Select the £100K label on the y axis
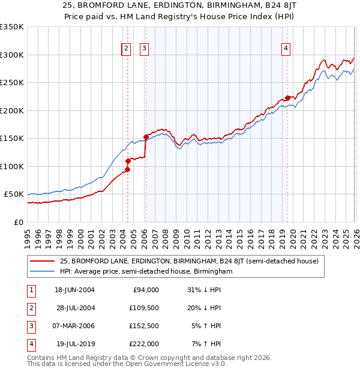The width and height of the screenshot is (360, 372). click(x=12, y=166)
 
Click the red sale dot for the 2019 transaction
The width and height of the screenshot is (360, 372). click(x=287, y=98)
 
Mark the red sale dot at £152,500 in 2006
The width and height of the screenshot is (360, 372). click(x=146, y=137)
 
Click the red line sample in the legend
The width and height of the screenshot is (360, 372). click(x=43, y=261)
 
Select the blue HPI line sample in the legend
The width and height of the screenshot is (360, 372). click(x=43, y=271)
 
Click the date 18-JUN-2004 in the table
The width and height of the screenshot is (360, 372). click(x=75, y=290)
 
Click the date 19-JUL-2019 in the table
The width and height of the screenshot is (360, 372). click(x=74, y=344)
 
